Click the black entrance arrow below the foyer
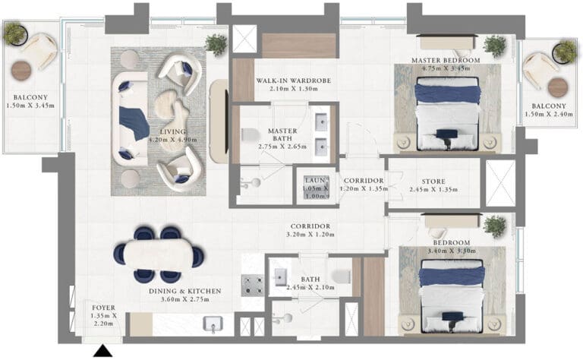(102, 352)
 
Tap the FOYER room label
(104, 308)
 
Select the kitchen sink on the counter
(213, 324)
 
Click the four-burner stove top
(253, 286)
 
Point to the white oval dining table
(159, 254)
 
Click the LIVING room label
(173, 131)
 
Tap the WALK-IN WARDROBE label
(293, 81)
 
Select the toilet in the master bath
(250, 134)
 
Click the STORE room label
(433, 182)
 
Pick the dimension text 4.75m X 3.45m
(446, 68)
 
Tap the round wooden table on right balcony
(558, 87)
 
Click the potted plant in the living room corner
(216, 45)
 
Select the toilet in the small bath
(342, 276)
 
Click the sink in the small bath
(280, 277)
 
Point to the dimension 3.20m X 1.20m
(310, 235)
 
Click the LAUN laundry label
(316, 180)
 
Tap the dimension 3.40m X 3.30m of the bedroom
(452, 251)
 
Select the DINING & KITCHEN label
(184, 291)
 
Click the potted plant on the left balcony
(15, 33)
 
